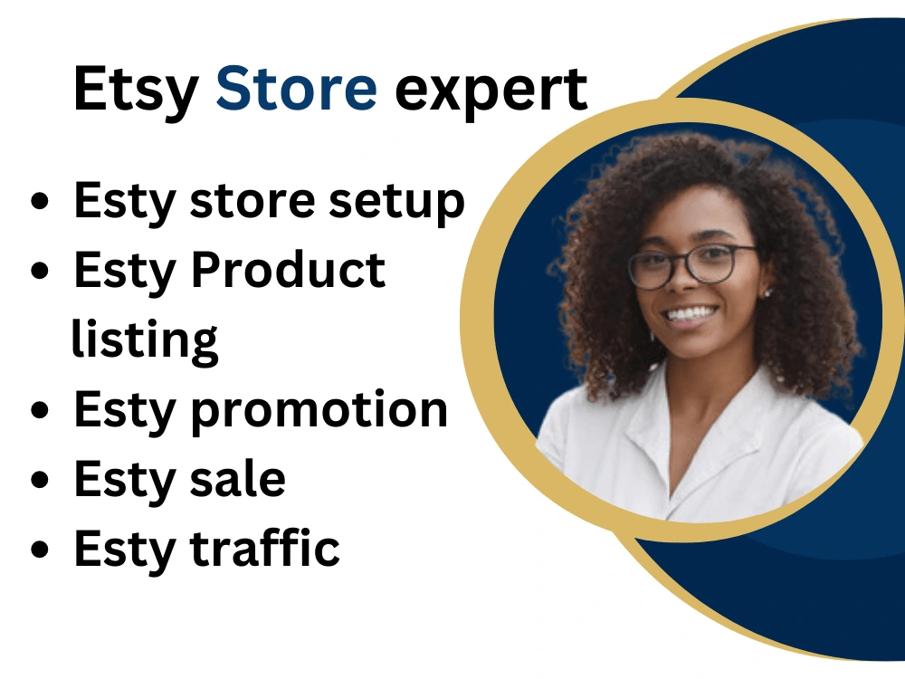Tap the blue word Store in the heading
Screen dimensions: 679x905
click(296, 89)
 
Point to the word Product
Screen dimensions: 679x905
click(289, 271)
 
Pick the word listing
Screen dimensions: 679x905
click(145, 339)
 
